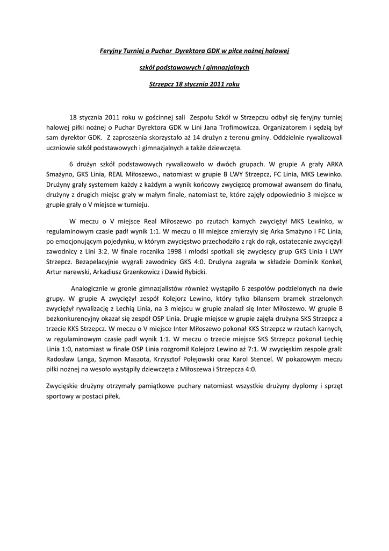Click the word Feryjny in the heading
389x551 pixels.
(x=111, y=51)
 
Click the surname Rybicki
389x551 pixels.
(x=185, y=272)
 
